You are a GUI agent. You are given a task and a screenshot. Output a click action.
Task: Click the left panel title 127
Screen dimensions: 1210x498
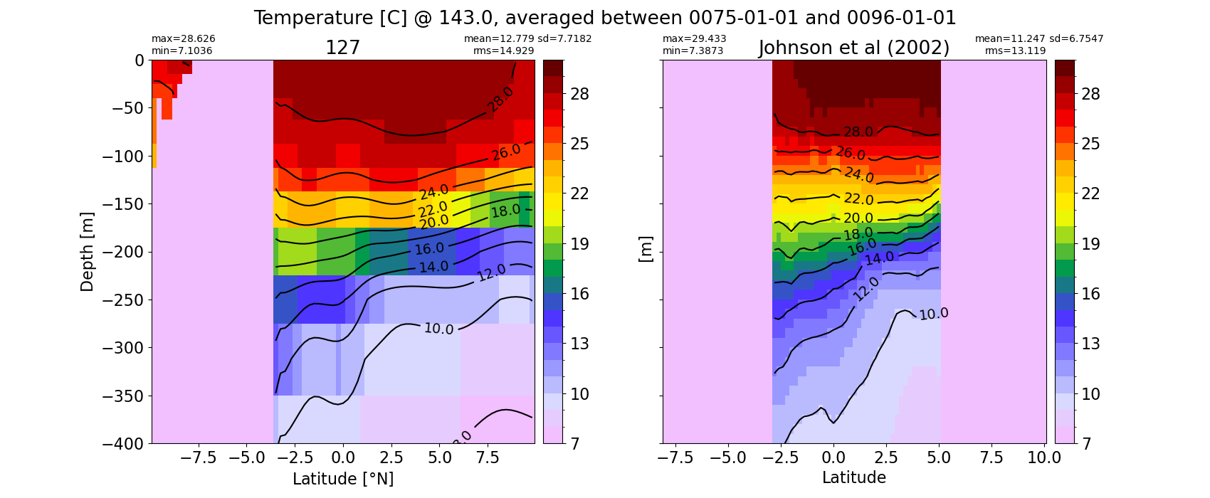342,48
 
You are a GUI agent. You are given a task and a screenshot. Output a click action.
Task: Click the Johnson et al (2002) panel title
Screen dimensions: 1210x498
854,48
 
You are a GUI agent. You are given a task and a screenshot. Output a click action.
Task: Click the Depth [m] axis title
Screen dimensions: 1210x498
87,252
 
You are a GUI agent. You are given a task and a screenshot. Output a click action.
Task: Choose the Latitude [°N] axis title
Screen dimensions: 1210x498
343,479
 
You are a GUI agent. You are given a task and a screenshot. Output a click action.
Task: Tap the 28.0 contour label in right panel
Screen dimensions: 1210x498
858,132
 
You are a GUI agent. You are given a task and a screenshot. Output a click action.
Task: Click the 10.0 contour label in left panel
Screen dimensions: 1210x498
438,328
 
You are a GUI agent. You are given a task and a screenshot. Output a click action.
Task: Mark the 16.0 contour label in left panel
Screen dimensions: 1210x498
429,248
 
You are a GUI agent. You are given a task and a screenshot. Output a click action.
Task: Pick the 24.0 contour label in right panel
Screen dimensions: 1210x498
859,174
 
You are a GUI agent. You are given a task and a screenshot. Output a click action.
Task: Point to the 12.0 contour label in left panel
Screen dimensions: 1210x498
491,272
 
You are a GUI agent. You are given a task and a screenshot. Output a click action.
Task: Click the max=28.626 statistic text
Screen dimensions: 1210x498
183,38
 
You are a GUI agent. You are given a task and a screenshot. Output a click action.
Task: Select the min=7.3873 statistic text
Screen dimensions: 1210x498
693,51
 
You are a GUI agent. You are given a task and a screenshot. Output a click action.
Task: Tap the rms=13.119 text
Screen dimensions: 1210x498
1015,51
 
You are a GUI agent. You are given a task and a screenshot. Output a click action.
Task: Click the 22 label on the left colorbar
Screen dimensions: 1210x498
579,194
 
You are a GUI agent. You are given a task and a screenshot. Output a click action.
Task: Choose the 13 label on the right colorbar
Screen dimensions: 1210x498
1091,344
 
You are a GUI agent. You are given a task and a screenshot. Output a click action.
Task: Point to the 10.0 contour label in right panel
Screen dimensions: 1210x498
933,314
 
